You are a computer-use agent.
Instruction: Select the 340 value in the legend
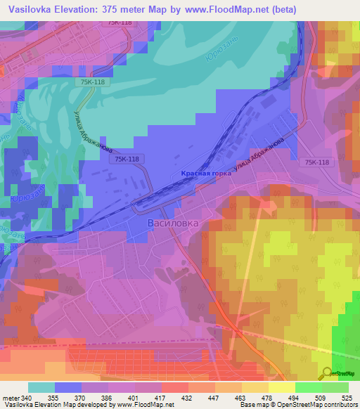click(28, 397)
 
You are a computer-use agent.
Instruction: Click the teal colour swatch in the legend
click(41, 387)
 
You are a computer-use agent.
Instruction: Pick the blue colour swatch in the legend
click(68, 387)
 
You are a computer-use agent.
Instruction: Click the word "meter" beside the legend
click(11, 397)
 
